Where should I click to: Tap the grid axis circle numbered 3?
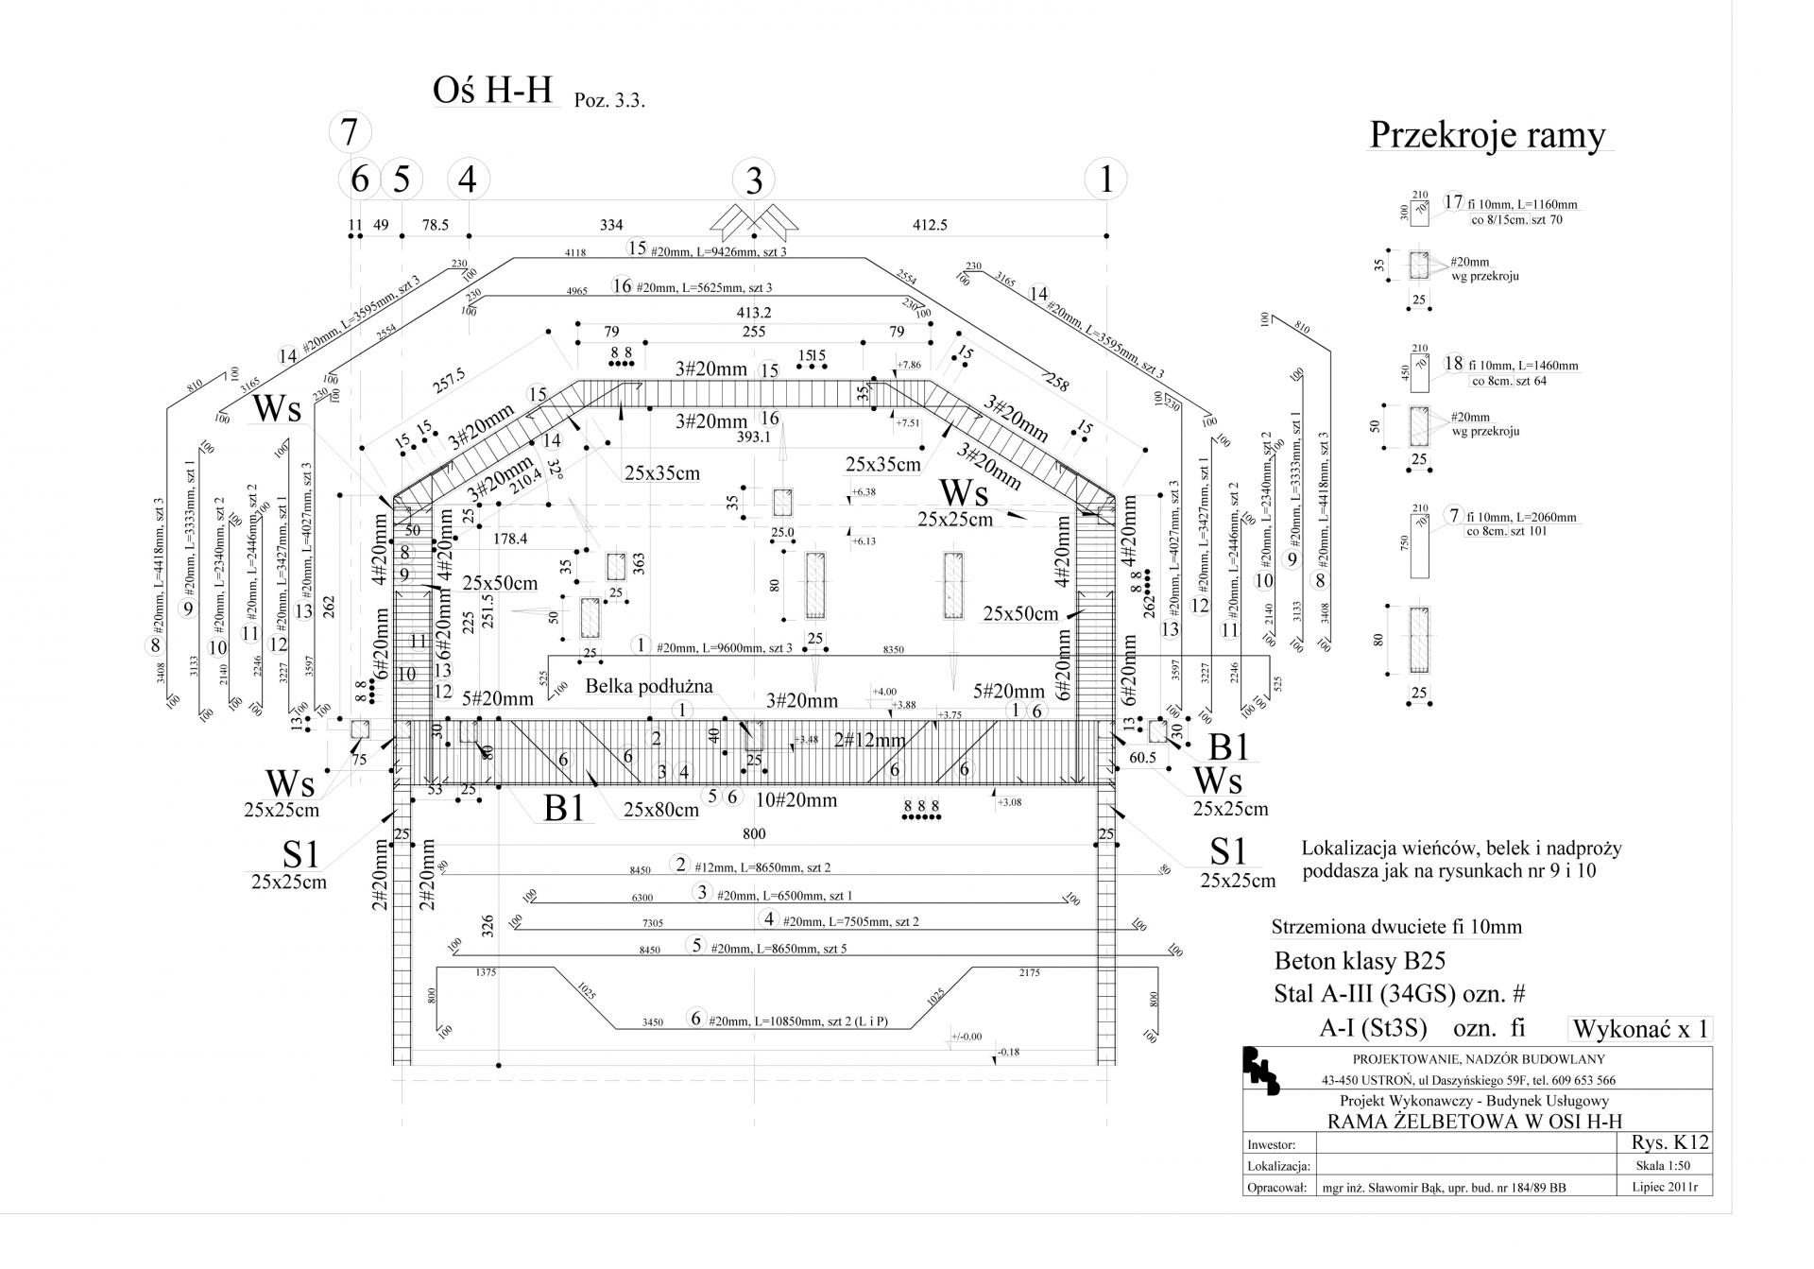[754, 179]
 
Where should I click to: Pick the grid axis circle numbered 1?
[1106, 179]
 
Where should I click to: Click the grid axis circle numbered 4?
[468, 179]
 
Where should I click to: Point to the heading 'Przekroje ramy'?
[1487, 135]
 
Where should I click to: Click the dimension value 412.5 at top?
[930, 225]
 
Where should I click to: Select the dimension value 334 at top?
[611, 225]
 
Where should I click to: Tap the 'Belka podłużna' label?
[648, 686]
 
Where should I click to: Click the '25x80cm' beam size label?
[660, 810]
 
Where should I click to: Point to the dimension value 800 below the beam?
[754, 833]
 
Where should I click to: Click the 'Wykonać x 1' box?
[1640, 1029]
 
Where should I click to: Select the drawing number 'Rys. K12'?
[1669, 1142]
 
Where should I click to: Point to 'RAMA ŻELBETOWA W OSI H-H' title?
[1475, 1122]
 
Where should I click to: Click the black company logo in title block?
[1261, 1071]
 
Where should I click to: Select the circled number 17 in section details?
[1453, 201]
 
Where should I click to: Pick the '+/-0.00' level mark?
[967, 1037]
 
